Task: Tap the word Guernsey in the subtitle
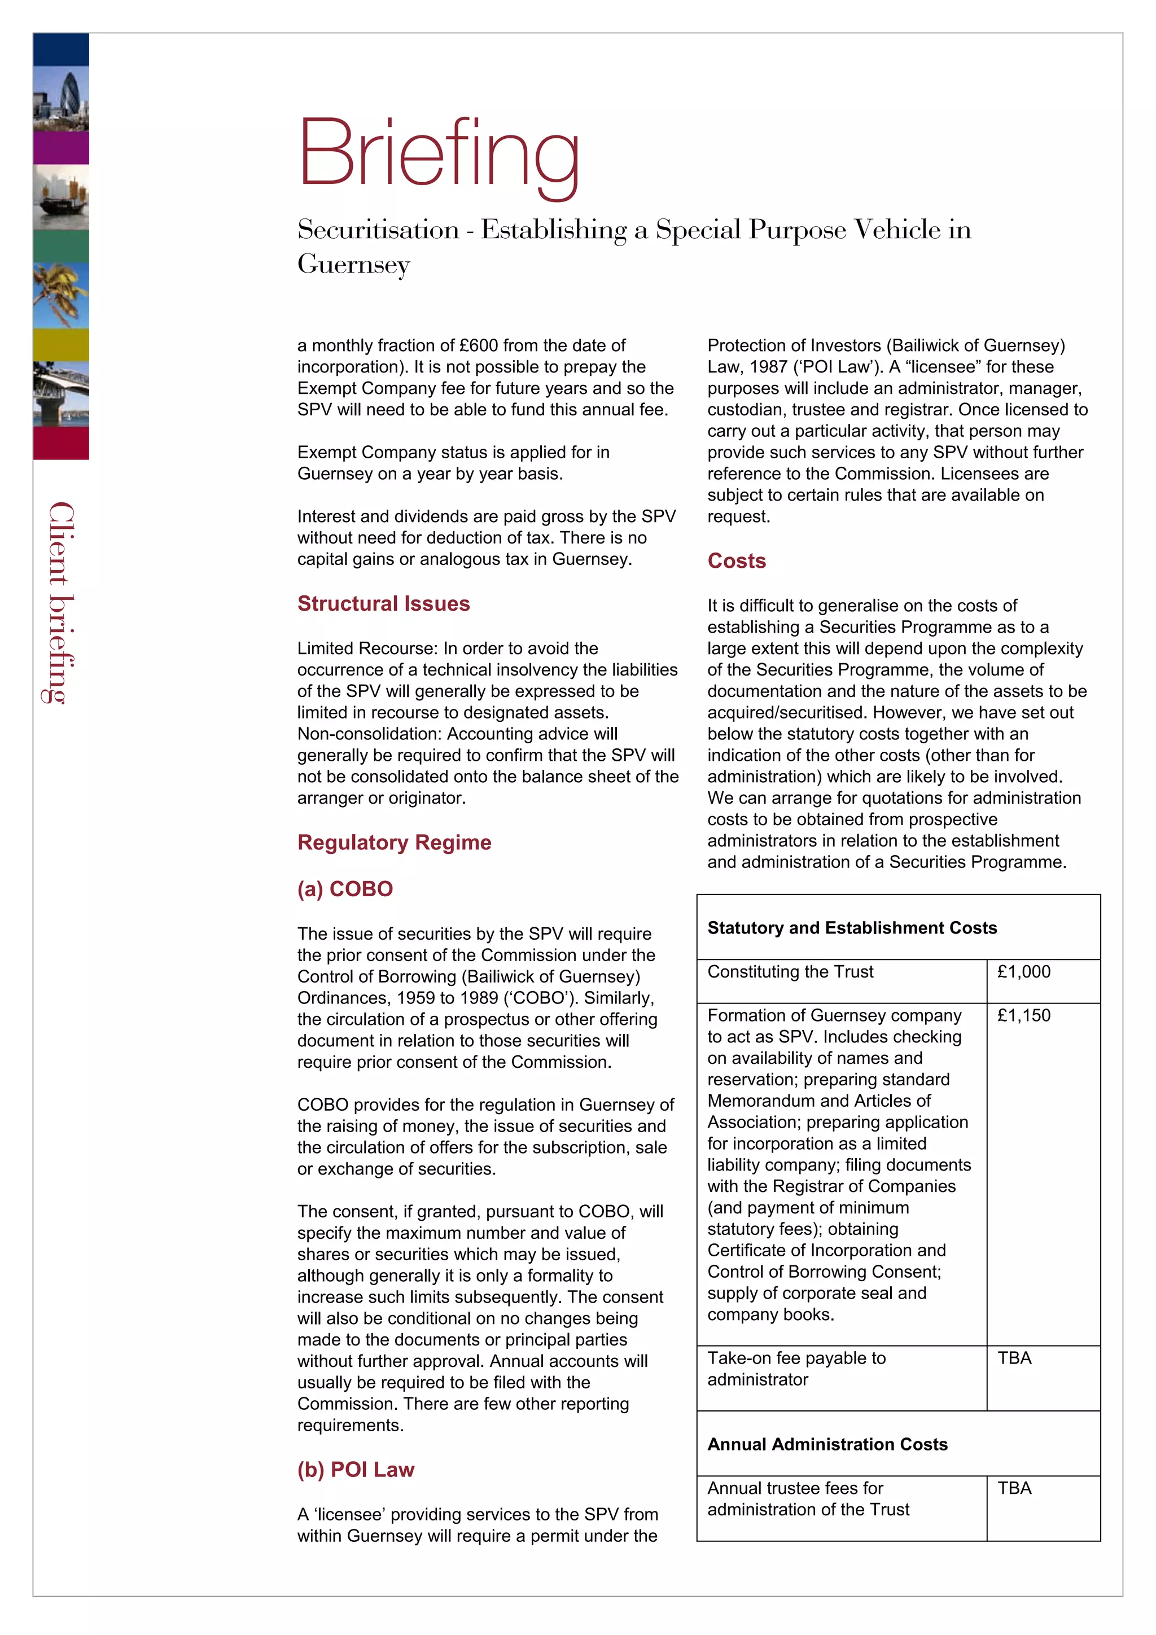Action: coord(353,264)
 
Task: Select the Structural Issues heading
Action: coord(383,603)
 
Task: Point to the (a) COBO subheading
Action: coord(345,889)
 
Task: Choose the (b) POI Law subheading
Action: coord(356,1469)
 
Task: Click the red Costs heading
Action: coord(736,560)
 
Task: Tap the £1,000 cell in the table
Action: coord(1023,972)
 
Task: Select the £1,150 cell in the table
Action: coord(1023,1015)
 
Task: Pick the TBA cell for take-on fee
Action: coord(1014,1358)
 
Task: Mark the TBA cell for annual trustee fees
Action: coord(1014,1488)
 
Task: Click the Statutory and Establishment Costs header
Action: coord(851,928)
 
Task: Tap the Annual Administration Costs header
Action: coord(827,1444)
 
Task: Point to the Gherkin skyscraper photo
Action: coord(62,98)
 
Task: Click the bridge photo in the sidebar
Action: coord(62,394)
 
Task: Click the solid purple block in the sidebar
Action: coord(62,148)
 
